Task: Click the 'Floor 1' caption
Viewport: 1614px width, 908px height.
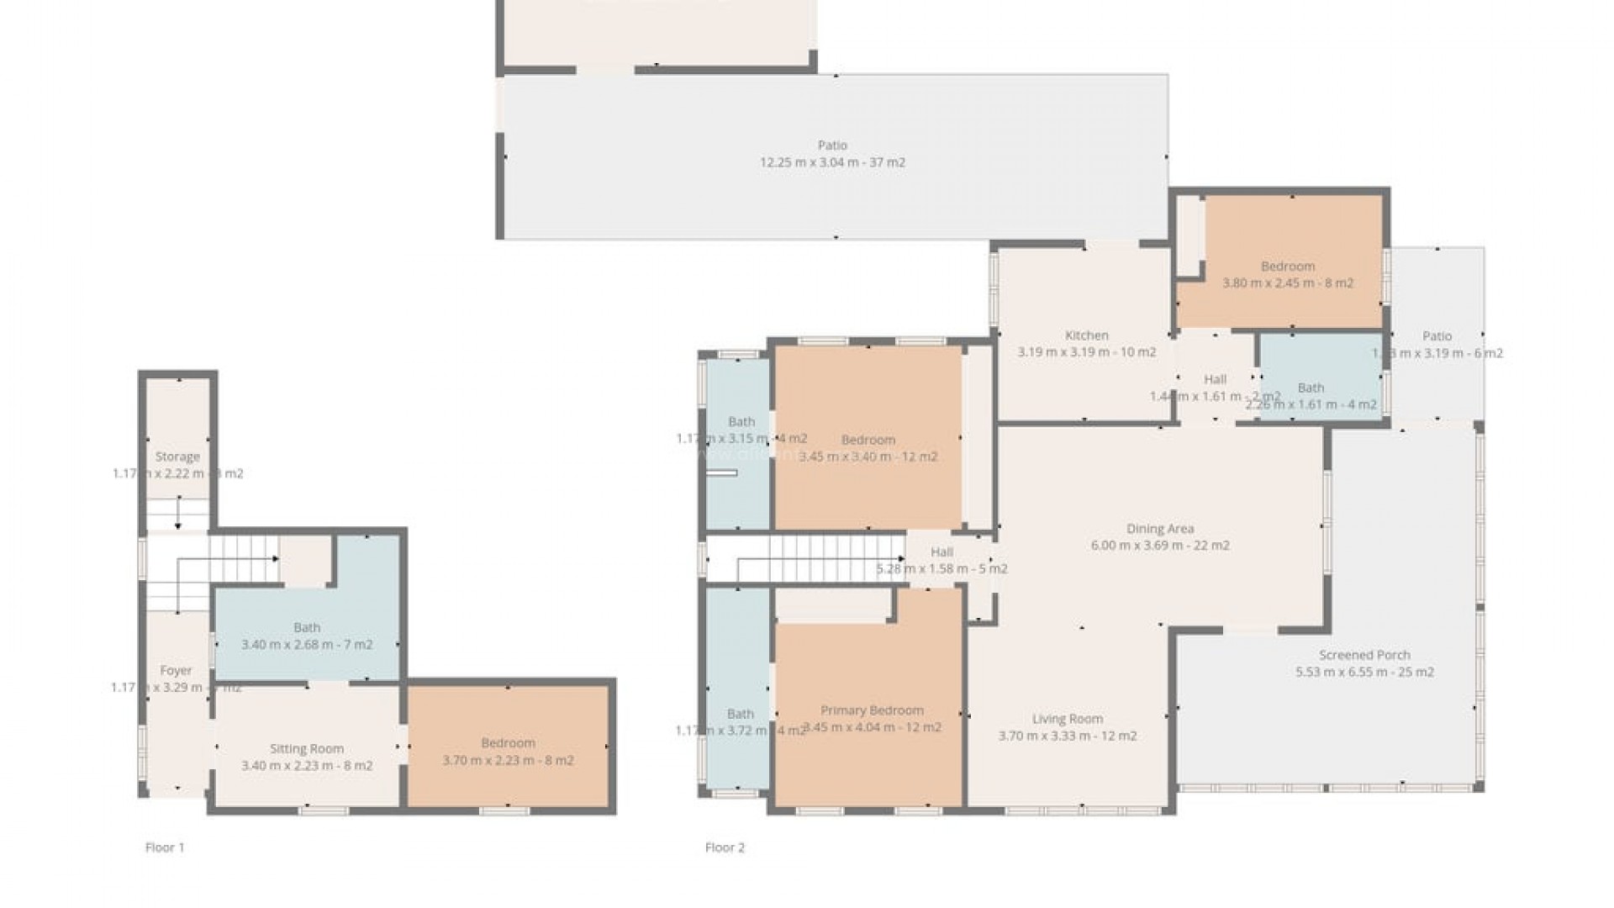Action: coord(165,847)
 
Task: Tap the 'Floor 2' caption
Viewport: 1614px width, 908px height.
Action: coord(725,847)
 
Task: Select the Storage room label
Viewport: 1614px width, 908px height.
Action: coord(177,457)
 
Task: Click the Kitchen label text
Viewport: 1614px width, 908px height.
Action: coord(1086,335)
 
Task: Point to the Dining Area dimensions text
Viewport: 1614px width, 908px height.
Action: coord(1160,546)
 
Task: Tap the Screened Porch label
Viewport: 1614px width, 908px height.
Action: coord(1364,655)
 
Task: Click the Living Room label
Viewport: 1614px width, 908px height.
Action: coord(1067,719)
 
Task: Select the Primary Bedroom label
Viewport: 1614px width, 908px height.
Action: coord(872,710)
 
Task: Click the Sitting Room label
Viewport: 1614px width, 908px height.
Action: coord(306,748)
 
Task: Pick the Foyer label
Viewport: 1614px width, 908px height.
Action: coord(176,670)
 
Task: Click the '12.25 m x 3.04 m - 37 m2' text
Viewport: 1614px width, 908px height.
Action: coord(832,162)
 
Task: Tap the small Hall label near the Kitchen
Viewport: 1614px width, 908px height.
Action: coord(1215,379)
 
